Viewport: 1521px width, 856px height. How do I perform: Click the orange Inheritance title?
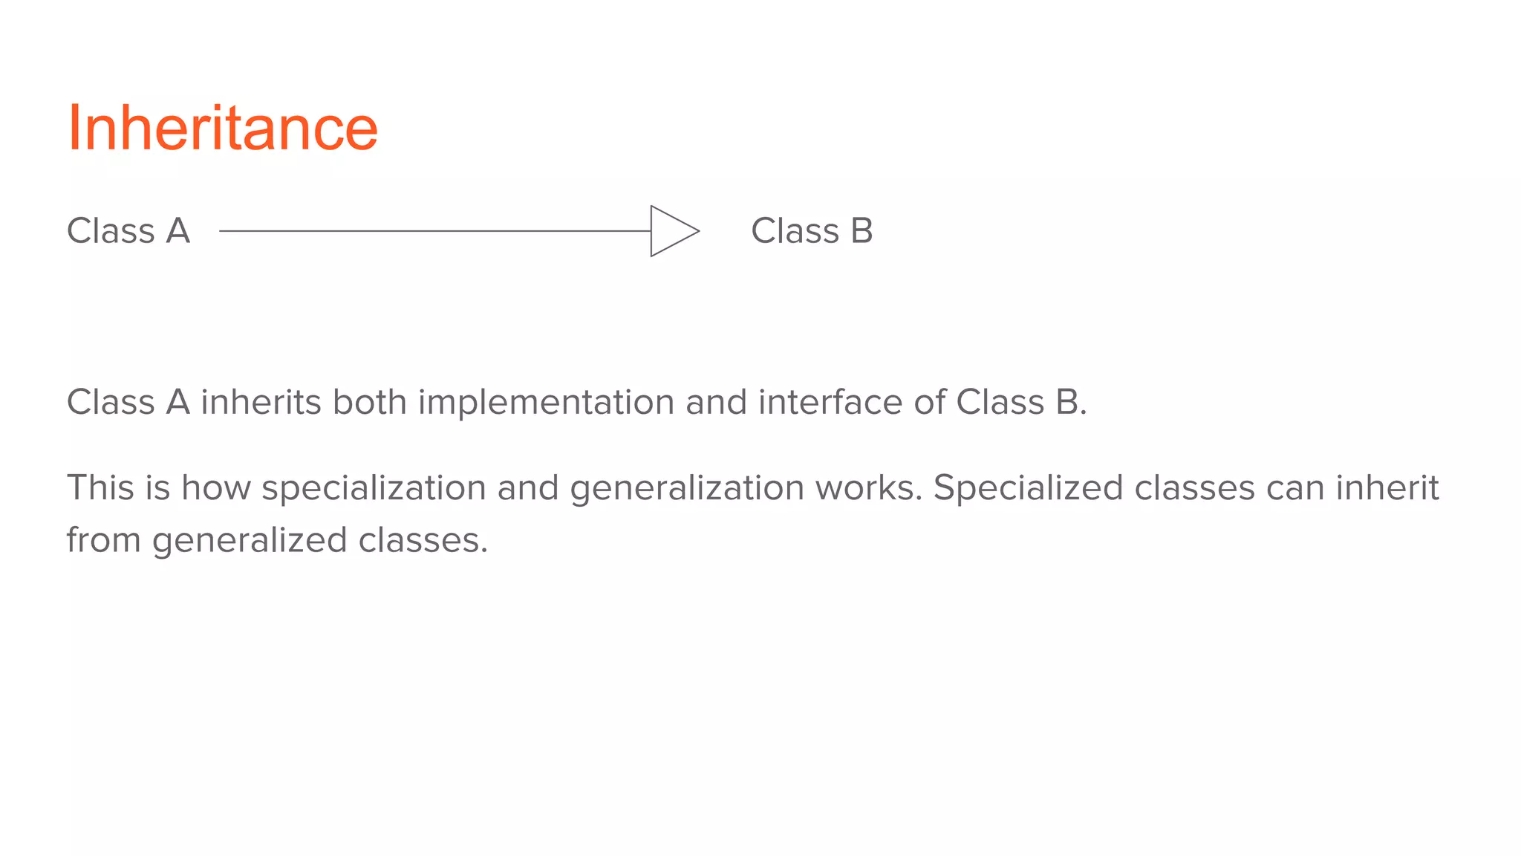(222, 128)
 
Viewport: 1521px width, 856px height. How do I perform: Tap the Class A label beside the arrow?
(128, 230)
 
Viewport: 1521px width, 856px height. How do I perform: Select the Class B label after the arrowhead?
(812, 230)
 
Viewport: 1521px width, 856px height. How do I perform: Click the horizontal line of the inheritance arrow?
(434, 231)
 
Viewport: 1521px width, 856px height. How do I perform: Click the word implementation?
(546, 403)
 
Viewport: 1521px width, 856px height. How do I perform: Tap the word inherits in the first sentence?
(261, 403)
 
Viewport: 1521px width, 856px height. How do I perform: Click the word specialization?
(374, 489)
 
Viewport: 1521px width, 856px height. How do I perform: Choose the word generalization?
(687, 489)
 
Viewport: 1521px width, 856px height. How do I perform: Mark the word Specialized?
(1028, 489)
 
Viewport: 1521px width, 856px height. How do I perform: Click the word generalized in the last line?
(250, 541)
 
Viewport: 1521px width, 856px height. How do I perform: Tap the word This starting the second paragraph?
(101, 488)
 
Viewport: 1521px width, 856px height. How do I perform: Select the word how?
(215, 488)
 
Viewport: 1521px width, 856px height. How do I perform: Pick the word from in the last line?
(103, 540)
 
